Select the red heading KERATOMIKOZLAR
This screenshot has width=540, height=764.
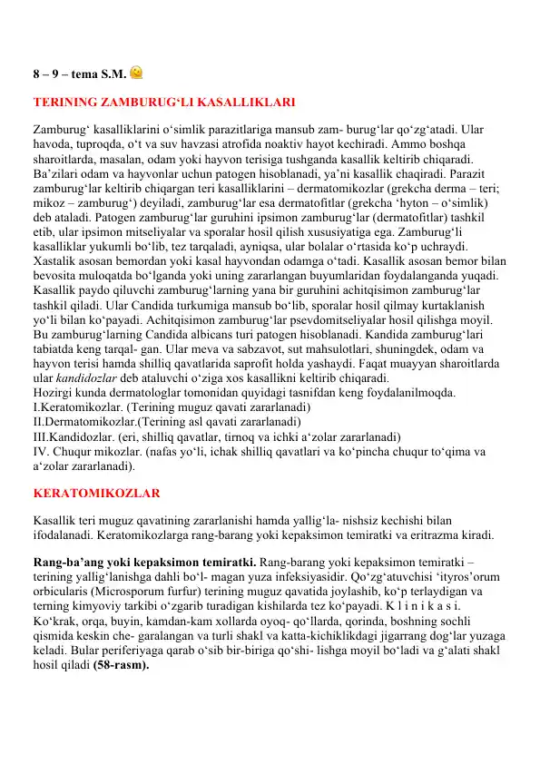point(97,494)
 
